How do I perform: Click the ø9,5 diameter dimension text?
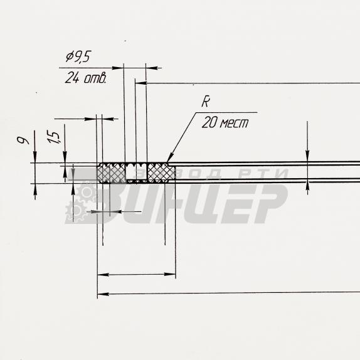coord(78,56)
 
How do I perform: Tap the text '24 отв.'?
coord(86,78)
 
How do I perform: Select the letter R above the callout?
coord(206,102)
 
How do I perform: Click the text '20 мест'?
coord(225,122)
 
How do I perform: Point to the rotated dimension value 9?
coord(23,140)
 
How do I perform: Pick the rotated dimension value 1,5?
coord(53,137)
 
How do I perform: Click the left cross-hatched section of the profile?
coord(112,173)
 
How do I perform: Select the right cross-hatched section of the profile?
coord(161,173)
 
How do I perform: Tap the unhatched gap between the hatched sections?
coord(137,173)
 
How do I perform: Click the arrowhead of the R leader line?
coord(169,159)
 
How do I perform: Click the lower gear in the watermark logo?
coord(75,211)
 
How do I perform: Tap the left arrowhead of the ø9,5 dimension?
coord(118,68)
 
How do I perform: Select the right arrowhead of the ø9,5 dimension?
coord(152,68)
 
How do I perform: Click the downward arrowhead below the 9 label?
coord(35,157)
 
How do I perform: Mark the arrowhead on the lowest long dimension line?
coord(103,294)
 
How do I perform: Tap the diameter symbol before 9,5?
coord(70,56)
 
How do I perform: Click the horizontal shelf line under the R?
coord(226,112)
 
